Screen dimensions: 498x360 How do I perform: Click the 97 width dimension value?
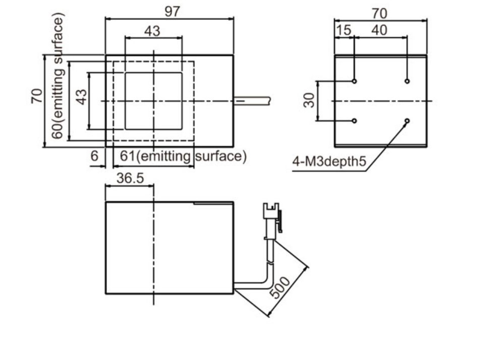tap(173, 12)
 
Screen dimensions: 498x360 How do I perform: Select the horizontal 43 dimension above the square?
tap(152, 31)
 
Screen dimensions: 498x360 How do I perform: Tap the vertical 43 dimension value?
tap(82, 97)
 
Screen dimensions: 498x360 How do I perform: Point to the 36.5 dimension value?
tap(130, 178)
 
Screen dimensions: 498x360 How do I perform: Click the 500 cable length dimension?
tap(280, 287)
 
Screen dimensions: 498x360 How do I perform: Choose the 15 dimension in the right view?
tap(344, 30)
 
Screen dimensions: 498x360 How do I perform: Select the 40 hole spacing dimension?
tap(379, 30)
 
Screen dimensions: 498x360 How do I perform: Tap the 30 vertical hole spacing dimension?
tap(309, 100)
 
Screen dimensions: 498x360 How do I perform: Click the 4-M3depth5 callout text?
tap(329, 161)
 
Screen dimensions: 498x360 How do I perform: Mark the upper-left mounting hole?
tap(354, 81)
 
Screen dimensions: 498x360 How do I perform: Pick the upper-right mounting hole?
tap(407, 81)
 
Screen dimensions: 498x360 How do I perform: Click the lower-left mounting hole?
tap(354, 121)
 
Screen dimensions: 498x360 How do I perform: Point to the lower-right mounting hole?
tap(407, 121)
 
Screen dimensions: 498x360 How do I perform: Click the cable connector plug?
tap(272, 219)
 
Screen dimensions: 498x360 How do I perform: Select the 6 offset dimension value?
tap(94, 156)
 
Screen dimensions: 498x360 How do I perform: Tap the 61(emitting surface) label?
tap(183, 156)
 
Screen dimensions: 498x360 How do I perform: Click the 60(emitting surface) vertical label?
tap(58, 76)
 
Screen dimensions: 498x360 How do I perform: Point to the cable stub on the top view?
tap(252, 101)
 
